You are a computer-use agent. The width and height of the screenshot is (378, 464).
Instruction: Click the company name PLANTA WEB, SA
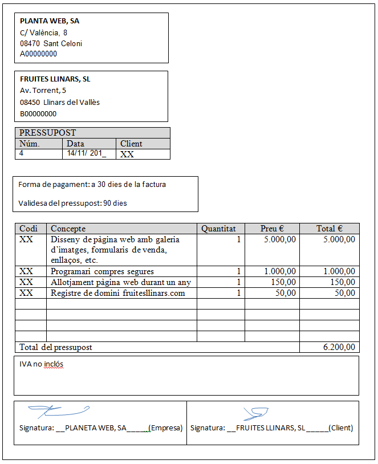(50, 21)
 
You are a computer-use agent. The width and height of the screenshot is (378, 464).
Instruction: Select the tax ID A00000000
(38, 54)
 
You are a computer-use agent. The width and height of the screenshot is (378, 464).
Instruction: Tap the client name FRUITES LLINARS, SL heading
(55, 80)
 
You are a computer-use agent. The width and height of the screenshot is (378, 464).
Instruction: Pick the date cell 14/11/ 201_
(86, 153)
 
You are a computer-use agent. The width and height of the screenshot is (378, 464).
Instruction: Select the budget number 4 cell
(22, 153)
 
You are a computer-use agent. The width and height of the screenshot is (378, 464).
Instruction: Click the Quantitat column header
(218, 229)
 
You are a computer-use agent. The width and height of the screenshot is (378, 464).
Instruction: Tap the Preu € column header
(272, 229)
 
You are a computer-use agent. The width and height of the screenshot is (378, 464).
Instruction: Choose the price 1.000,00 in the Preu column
(280, 272)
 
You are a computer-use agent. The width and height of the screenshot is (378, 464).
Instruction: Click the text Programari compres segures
(102, 272)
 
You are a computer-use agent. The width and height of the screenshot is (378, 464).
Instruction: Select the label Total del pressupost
(56, 347)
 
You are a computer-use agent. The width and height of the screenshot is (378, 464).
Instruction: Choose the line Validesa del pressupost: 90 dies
(72, 203)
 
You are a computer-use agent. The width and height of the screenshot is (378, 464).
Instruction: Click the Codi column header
(29, 229)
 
